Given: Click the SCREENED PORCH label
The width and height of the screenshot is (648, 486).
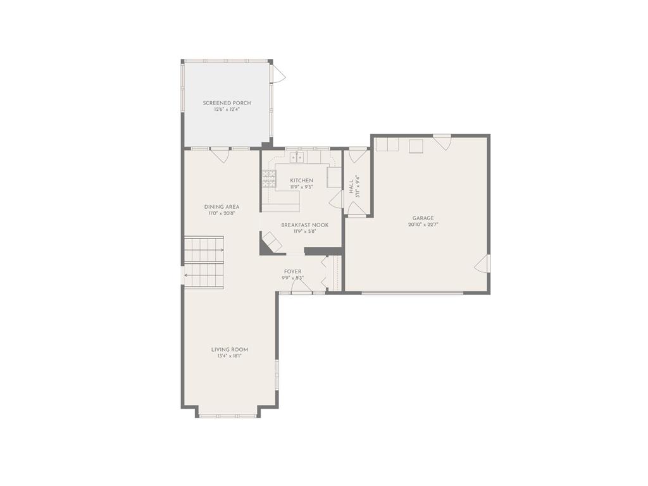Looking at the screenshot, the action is coord(227,103).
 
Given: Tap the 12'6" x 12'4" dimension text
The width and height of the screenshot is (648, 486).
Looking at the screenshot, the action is coord(227,109).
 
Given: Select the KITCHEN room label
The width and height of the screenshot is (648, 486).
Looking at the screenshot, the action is coord(302,180).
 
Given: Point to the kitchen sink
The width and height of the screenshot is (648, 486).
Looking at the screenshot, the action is coord(297,157).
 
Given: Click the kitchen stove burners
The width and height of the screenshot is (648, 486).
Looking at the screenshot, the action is coord(268,179).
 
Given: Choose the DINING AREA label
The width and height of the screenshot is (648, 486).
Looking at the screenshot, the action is coord(221,207).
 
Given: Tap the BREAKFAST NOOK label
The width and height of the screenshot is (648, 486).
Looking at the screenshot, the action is coord(305,225).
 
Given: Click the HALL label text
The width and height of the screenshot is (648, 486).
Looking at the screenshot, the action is coord(351,187).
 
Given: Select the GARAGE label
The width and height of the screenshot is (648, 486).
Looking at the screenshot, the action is coord(423,218).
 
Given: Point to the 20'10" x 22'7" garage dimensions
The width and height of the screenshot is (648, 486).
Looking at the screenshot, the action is coord(423,225).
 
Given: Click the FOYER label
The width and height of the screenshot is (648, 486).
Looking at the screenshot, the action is coord(292,271).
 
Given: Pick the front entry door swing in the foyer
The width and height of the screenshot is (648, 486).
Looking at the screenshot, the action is coord(302,286).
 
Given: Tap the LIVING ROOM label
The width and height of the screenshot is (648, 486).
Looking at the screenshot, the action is coord(230,349).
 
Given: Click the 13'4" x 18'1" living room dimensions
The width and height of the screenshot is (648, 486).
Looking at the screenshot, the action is coord(229,356).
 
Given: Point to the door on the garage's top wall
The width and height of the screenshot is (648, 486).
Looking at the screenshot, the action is coord(442,142).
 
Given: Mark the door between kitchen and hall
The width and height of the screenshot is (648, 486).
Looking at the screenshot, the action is coord(335,199).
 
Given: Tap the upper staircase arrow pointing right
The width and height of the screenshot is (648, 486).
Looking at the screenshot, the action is coord(204,250).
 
